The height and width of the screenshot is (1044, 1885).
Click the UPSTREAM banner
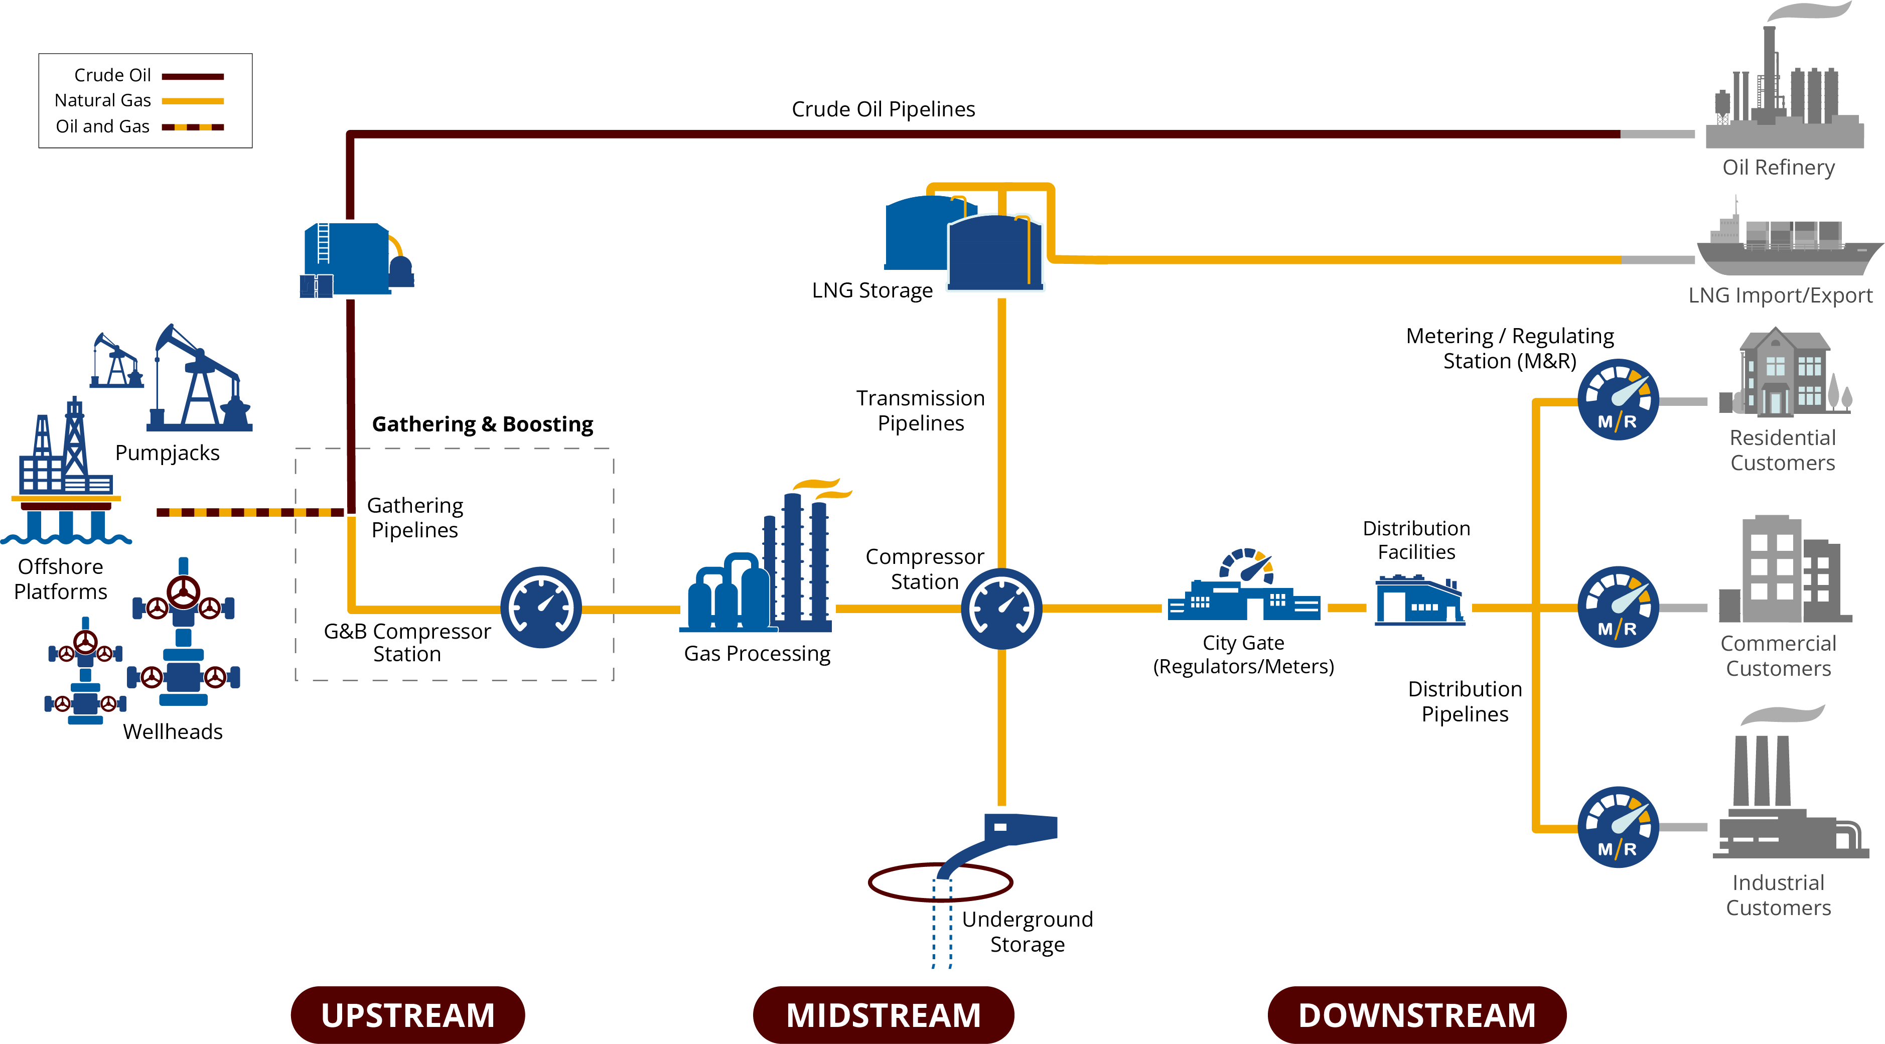(407, 1015)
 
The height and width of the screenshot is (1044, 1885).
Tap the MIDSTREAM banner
(883, 1015)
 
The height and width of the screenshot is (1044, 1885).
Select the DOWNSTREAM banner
(1417, 1015)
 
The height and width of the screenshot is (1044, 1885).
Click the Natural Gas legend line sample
(193, 101)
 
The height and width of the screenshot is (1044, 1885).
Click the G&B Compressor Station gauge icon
(541, 607)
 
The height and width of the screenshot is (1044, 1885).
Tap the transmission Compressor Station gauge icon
(1001, 608)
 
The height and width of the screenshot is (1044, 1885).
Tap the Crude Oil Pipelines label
(883, 109)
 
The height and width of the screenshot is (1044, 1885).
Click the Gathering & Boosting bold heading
(482, 424)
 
